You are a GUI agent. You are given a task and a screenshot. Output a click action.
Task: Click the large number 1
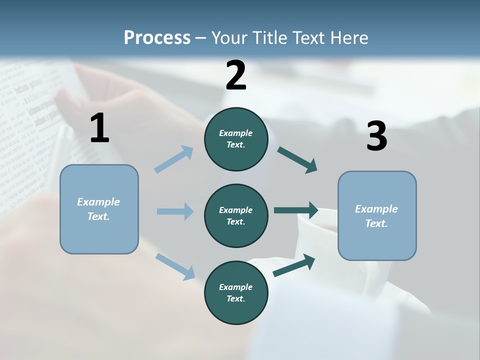click(x=99, y=128)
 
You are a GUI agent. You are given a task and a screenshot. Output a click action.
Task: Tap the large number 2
click(x=236, y=75)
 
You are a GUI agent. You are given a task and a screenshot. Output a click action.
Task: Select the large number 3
click(x=376, y=137)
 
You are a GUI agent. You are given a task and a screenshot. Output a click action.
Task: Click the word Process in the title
click(x=157, y=37)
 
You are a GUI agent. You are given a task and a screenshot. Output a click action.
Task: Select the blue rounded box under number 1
click(x=99, y=209)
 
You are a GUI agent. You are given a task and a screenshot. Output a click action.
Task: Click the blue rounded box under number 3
click(x=377, y=215)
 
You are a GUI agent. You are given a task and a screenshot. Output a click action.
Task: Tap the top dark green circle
click(x=236, y=139)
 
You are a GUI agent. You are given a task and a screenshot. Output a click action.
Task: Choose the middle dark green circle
click(x=236, y=215)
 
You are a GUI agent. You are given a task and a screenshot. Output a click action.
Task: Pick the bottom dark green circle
click(x=236, y=292)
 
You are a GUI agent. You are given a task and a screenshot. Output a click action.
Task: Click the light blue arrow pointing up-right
click(x=174, y=159)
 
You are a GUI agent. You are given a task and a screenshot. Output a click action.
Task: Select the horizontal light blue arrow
click(x=175, y=211)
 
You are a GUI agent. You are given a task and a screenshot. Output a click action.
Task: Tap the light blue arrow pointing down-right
click(x=175, y=266)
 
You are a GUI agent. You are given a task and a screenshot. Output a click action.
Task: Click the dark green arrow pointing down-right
click(x=297, y=160)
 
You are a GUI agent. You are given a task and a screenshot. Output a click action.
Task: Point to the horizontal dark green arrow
click(x=296, y=210)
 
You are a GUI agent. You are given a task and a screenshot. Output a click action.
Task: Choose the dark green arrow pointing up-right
click(x=294, y=265)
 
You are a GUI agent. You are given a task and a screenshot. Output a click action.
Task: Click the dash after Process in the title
click(x=201, y=37)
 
